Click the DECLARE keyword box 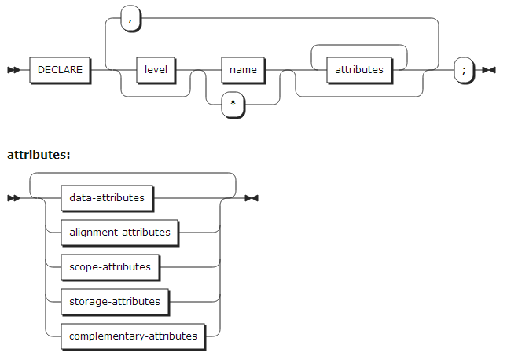pos(59,69)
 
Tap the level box pos(156,69)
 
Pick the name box pos(243,69)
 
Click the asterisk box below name pos(233,105)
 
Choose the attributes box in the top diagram pos(359,69)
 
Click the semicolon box pos(465,69)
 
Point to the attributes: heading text pos(39,154)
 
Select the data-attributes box pos(107,197)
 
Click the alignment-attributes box pos(119,232)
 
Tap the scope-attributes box pos(110,266)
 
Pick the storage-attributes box pos(115,301)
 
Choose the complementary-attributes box pos(133,336)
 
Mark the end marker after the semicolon pos(489,70)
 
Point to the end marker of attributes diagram pos(252,198)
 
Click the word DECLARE pos(59,69)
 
